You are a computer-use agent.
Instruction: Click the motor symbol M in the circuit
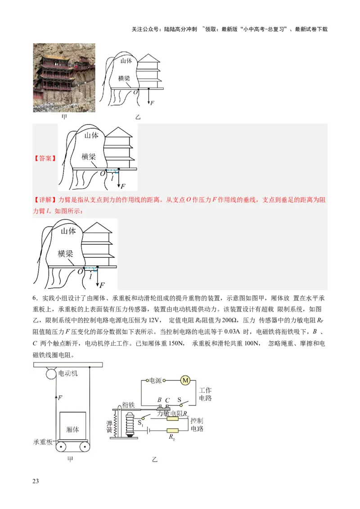[x=185, y=380]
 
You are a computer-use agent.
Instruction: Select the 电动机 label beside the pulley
[x=68, y=374]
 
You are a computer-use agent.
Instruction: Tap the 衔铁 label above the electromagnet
[x=128, y=405]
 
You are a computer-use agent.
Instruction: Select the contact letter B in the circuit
[x=159, y=400]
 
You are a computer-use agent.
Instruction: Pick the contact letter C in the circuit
[x=167, y=400]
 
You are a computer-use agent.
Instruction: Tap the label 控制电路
[x=197, y=425]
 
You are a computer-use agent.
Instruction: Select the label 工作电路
[x=205, y=394]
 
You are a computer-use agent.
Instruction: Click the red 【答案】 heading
[x=45, y=158]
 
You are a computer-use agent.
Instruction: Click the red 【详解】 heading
[x=45, y=200]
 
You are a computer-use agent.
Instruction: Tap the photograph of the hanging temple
[x=64, y=77]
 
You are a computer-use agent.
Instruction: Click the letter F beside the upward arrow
[x=60, y=397]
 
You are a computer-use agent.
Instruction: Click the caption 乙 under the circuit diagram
[x=155, y=460]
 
